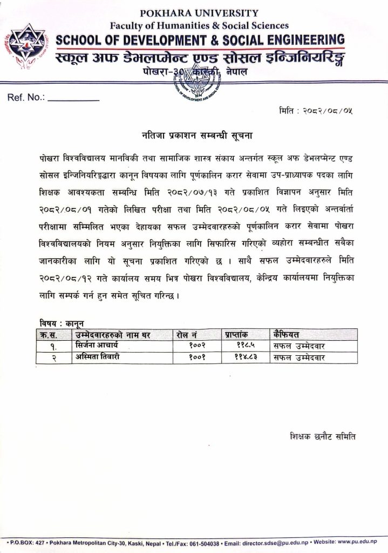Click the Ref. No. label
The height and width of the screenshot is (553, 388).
(26, 98)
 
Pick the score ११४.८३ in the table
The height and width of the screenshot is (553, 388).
(246, 357)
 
